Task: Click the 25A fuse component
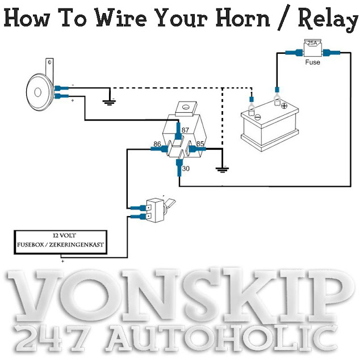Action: (x=312, y=48)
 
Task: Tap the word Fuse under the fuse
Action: (x=312, y=62)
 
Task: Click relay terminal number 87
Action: (x=185, y=130)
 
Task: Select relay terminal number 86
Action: (x=157, y=144)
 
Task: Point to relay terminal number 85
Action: (x=200, y=143)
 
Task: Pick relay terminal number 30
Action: (x=186, y=168)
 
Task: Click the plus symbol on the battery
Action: (x=284, y=106)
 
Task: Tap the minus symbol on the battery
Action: (x=258, y=117)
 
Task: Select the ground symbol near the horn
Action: (x=109, y=102)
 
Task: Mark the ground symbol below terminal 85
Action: (x=223, y=170)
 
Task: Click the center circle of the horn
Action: (x=38, y=92)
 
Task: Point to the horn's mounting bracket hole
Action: (x=49, y=62)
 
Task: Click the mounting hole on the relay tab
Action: (x=186, y=107)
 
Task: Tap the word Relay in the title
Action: (x=328, y=19)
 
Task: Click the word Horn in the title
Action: (x=242, y=18)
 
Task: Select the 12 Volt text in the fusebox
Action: (x=64, y=236)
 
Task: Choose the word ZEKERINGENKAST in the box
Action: (x=77, y=244)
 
